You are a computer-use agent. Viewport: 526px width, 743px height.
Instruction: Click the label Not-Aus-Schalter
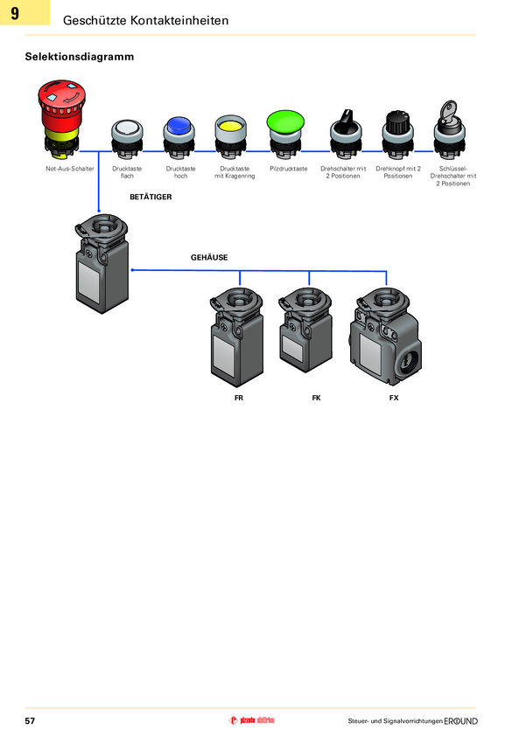(70, 168)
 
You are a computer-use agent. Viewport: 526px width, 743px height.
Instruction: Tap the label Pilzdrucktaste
(289, 168)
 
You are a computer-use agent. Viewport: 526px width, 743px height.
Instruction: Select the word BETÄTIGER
(151, 198)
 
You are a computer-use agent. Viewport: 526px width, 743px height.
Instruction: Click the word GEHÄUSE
(209, 258)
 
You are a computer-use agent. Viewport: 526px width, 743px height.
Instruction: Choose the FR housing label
(239, 398)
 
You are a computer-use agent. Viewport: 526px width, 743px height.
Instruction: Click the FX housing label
(394, 398)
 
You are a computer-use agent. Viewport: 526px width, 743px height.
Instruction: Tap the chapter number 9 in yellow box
(15, 13)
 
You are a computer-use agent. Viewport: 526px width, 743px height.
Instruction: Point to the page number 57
(30, 721)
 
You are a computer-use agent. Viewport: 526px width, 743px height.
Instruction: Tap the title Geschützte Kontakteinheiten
(146, 19)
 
